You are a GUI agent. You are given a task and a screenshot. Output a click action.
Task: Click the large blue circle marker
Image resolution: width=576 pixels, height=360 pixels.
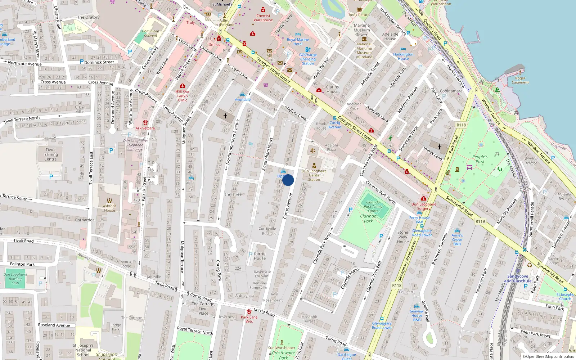point(288,180)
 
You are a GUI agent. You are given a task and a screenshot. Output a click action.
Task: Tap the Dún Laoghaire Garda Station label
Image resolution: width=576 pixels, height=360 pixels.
point(314,175)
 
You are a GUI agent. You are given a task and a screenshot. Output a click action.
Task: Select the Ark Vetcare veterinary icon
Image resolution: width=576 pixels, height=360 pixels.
point(145,123)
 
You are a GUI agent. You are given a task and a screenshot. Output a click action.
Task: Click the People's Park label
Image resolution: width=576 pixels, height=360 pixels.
point(480,159)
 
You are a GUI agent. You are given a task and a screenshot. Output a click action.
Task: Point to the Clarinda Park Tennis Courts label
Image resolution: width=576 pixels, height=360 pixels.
point(373,206)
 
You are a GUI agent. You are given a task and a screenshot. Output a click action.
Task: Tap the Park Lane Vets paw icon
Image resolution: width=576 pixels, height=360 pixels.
point(249,311)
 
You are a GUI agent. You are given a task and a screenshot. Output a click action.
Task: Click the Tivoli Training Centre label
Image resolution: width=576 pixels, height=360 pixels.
point(50,154)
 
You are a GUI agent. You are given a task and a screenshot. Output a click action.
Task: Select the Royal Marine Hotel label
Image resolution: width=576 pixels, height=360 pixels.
point(298,42)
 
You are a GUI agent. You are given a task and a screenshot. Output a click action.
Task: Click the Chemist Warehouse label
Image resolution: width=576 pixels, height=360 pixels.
point(263,18)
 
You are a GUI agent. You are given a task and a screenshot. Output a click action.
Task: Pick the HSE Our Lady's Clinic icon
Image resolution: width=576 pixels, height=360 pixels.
point(183,86)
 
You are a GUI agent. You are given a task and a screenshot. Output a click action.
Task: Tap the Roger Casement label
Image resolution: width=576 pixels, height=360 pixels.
point(520,80)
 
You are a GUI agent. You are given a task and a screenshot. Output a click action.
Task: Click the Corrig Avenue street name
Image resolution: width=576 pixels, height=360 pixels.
point(287,206)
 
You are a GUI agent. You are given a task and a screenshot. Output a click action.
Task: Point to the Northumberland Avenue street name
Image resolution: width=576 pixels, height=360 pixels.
point(232,142)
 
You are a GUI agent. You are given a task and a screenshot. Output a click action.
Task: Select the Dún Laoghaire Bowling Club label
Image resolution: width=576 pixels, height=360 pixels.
point(15,279)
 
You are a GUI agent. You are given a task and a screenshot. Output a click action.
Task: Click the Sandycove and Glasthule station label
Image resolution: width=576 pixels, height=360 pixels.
point(518,279)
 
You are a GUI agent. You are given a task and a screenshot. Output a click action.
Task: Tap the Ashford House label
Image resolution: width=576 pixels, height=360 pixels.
point(109,208)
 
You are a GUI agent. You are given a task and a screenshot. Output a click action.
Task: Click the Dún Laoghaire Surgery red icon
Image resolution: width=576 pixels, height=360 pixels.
point(424,198)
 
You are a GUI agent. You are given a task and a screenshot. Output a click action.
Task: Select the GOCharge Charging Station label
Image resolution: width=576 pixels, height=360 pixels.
point(308,59)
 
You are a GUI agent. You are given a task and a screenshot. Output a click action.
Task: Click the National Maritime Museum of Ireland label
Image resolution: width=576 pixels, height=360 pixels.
point(364,50)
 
